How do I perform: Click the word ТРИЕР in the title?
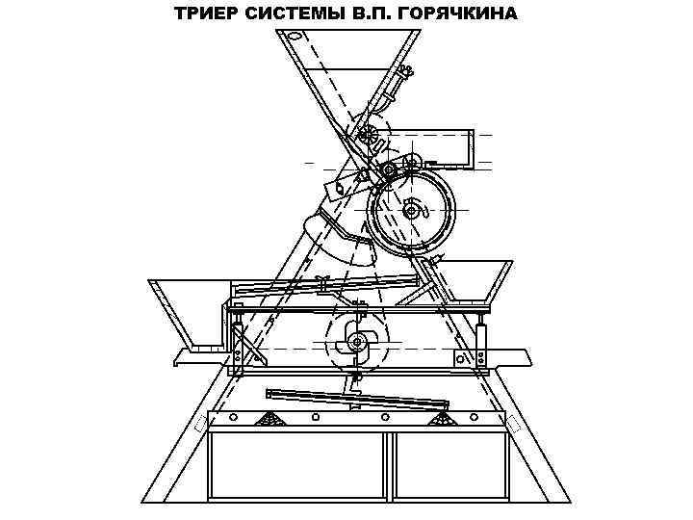(x=204, y=13)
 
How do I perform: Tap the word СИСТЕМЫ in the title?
(x=288, y=13)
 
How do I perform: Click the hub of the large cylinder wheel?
(x=412, y=210)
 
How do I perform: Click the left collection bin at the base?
(x=296, y=467)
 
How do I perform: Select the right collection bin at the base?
(x=449, y=467)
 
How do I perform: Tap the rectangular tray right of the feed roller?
(x=451, y=147)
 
